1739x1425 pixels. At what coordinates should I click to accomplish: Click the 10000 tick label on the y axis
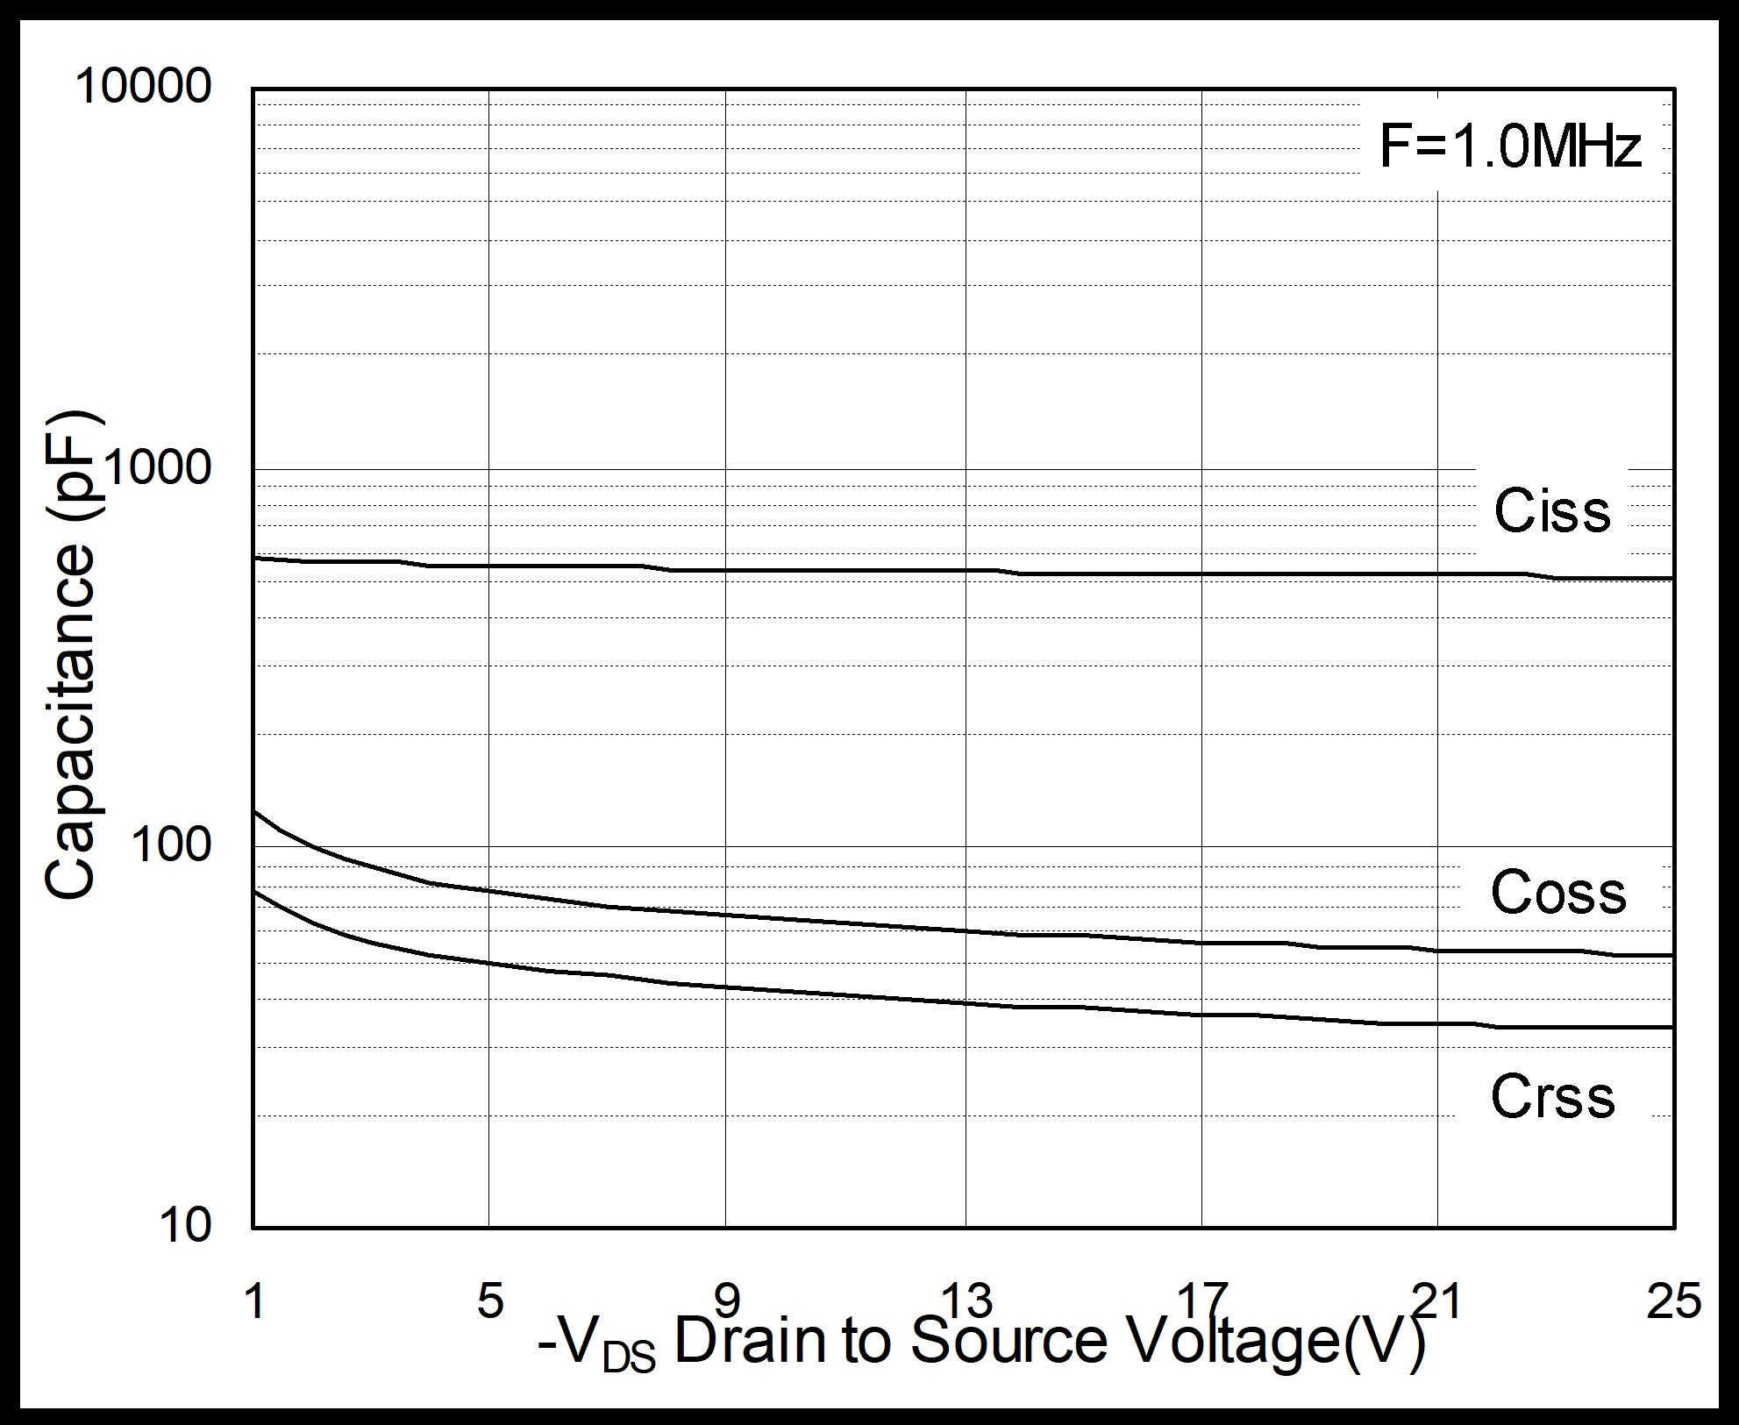(144, 87)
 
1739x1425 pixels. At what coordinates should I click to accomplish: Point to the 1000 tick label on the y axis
(159, 467)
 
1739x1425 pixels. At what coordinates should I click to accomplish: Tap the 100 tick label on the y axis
(172, 844)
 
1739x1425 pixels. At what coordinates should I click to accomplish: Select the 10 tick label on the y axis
(186, 1224)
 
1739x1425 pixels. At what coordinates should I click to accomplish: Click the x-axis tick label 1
(254, 1300)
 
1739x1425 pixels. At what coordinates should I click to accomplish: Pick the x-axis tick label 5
(490, 1300)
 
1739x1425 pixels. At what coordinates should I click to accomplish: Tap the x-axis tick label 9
(727, 1300)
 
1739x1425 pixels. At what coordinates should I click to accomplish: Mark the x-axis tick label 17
(1201, 1300)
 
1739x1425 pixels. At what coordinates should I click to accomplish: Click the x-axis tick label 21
(1437, 1300)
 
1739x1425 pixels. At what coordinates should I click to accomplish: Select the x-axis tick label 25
(1673, 1300)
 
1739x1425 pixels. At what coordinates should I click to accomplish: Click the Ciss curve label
(1552, 510)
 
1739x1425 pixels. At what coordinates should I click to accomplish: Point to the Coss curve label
(1558, 893)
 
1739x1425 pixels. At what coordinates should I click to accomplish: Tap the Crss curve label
(1552, 1096)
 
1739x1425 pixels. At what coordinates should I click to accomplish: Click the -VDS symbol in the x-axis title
(596, 1346)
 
